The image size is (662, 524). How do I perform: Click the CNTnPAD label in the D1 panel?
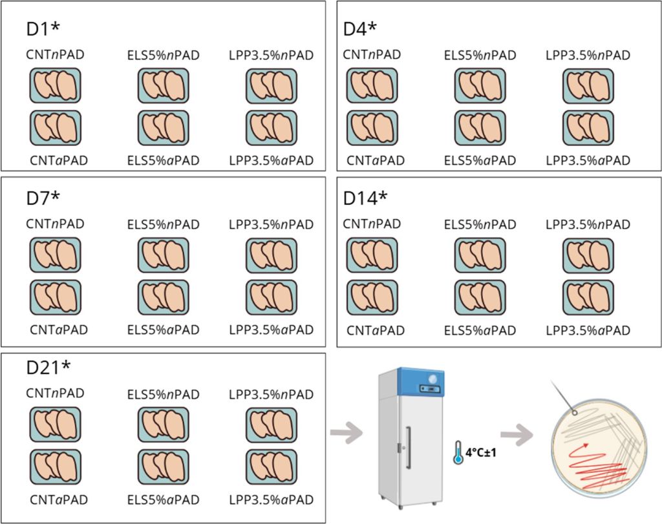coord(56,55)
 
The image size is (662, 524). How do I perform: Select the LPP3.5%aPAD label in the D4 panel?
coord(588,160)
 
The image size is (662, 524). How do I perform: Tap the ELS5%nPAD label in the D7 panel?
coord(163,225)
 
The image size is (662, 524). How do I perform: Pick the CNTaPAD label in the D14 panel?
coord(376,331)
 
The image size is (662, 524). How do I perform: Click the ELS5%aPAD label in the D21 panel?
coord(163,499)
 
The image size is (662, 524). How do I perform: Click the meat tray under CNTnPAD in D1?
coord(56,86)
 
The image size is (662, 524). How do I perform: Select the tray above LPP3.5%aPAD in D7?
coord(271,297)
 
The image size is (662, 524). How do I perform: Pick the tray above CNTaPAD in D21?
coord(56,466)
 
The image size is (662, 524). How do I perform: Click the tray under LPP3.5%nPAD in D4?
coord(588,86)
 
